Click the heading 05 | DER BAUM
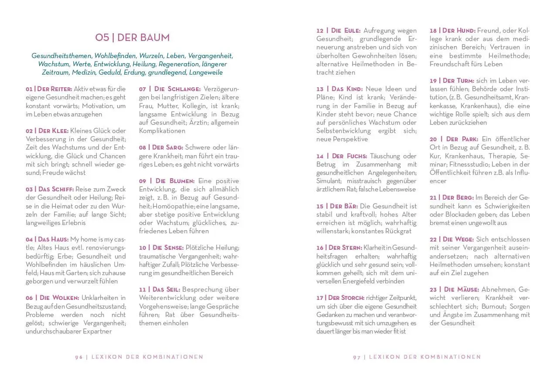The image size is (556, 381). pos(132,37)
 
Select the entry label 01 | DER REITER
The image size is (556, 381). pos(48,89)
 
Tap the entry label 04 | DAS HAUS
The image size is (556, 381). pos(47,239)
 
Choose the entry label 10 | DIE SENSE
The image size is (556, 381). pos(161,248)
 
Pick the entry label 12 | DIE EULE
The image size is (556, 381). pos(339,31)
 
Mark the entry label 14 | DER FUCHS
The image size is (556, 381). pos(342,156)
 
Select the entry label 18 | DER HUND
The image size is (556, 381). pos(452,31)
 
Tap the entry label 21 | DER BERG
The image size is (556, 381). pos(451,197)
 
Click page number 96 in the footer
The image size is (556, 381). pos(79,357)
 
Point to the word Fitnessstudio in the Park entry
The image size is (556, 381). pos(468,164)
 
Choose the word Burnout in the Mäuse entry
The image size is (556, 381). pos(493,306)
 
